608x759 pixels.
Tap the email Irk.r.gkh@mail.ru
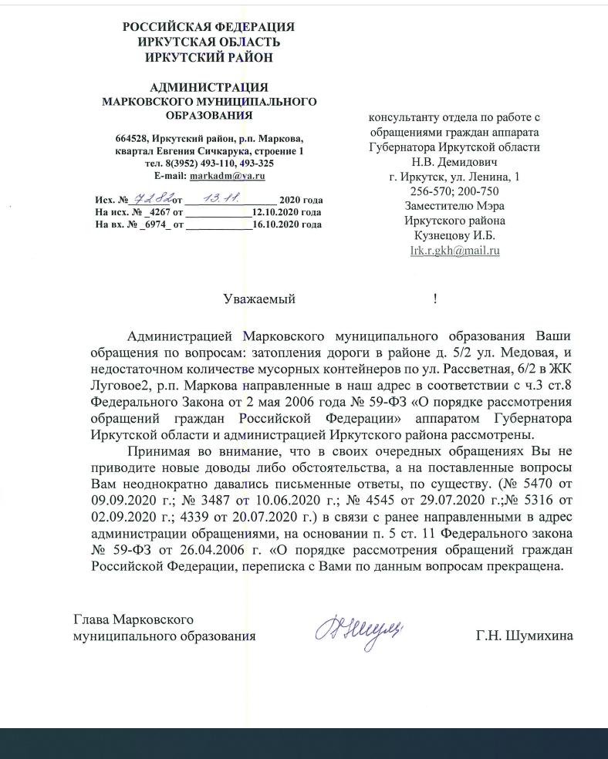(x=454, y=250)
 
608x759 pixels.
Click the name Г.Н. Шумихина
(x=525, y=636)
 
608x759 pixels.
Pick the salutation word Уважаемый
(x=259, y=299)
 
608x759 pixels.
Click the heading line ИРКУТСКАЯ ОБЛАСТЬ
(x=208, y=42)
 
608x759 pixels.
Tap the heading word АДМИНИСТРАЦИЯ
(x=208, y=87)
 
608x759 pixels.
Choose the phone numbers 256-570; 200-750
(x=454, y=191)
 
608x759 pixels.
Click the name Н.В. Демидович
(x=454, y=162)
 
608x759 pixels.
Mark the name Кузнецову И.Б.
(x=454, y=235)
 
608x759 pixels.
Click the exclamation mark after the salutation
(x=435, y=299)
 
